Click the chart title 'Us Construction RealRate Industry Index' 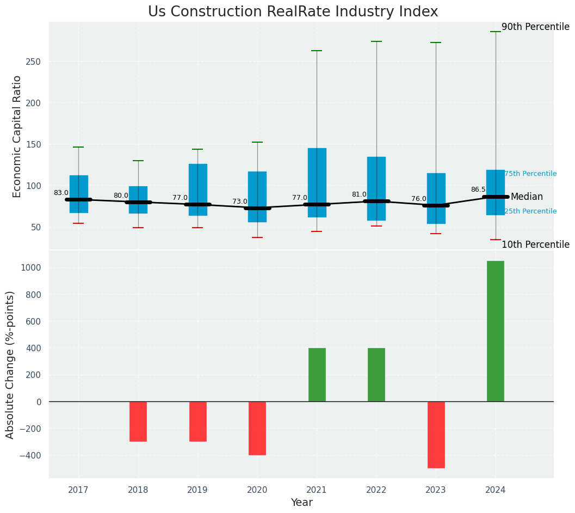(293, 12)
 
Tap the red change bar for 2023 (436, 435)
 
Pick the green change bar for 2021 (317, 375)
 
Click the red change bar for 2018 (138, 421)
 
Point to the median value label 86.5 (478, 190)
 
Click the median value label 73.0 (240, 201)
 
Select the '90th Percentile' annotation (535, 27)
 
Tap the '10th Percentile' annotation (535, 245)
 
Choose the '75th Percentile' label (530, 174)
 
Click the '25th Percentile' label (530, 211)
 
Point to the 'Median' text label (527, 197)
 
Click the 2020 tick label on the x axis (257, 490)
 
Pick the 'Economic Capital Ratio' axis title (17, 136)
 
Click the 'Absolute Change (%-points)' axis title (10, 365)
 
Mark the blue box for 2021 (317, 182)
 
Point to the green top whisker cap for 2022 (376, 41)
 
